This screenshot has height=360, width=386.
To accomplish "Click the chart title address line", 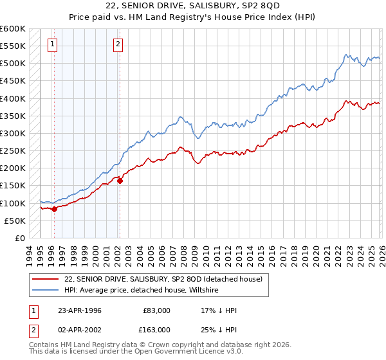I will pyautogui.click(x=193, y=6).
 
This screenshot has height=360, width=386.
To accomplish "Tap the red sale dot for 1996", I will pyautogui.click(x=55, y=208).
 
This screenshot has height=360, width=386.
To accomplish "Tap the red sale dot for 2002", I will pyautogui.click(x=120, y=181).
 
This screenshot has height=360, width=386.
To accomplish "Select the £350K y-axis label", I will pyautogui.click(x=13, y=116).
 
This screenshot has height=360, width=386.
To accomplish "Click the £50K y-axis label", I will pyautogui.click(x=15, y=221).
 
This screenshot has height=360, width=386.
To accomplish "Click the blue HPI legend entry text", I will pyautogui.click(x=142, y=291).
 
